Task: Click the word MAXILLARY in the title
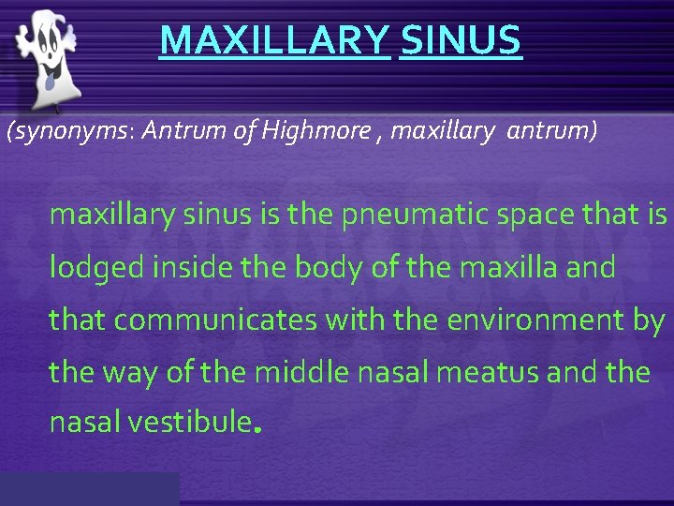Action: point(273,41)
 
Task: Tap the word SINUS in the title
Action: point(460,41)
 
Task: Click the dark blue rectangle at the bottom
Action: point(89,489)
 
